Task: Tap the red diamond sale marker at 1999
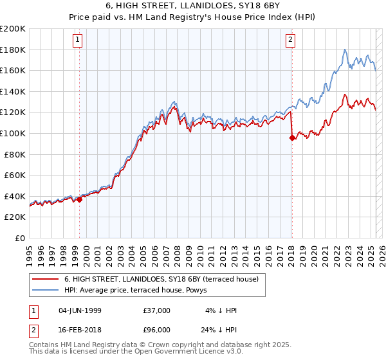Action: pos(79,199)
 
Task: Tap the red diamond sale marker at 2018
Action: pos(292,137)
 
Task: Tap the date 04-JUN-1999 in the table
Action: pos(80,310)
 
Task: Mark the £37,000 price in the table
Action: pos(157,310)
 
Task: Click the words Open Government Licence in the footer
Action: pos(176,353)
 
